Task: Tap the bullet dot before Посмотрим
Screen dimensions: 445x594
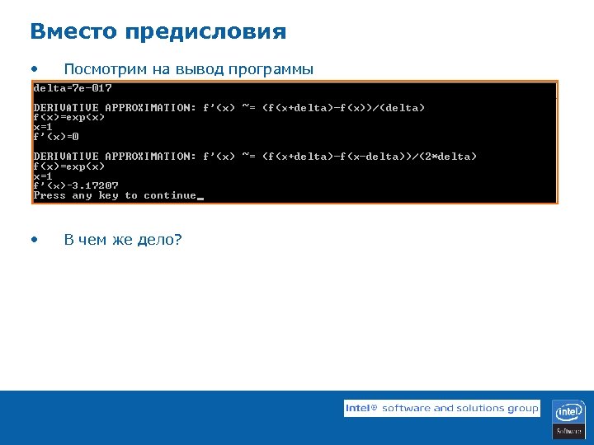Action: (33, 68)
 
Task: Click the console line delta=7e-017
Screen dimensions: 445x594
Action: (73, 88)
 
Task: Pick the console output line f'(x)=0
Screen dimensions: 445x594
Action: (56, 137)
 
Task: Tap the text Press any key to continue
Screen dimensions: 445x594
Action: (115, 195)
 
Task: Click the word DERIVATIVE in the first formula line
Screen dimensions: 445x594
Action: (66, 108)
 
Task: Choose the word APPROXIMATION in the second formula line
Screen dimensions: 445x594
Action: (151, 157)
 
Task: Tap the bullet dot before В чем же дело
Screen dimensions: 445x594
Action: (33, 240)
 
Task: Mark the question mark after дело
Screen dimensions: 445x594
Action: (178, 240)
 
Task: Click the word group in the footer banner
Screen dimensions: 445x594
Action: (523, 408)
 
